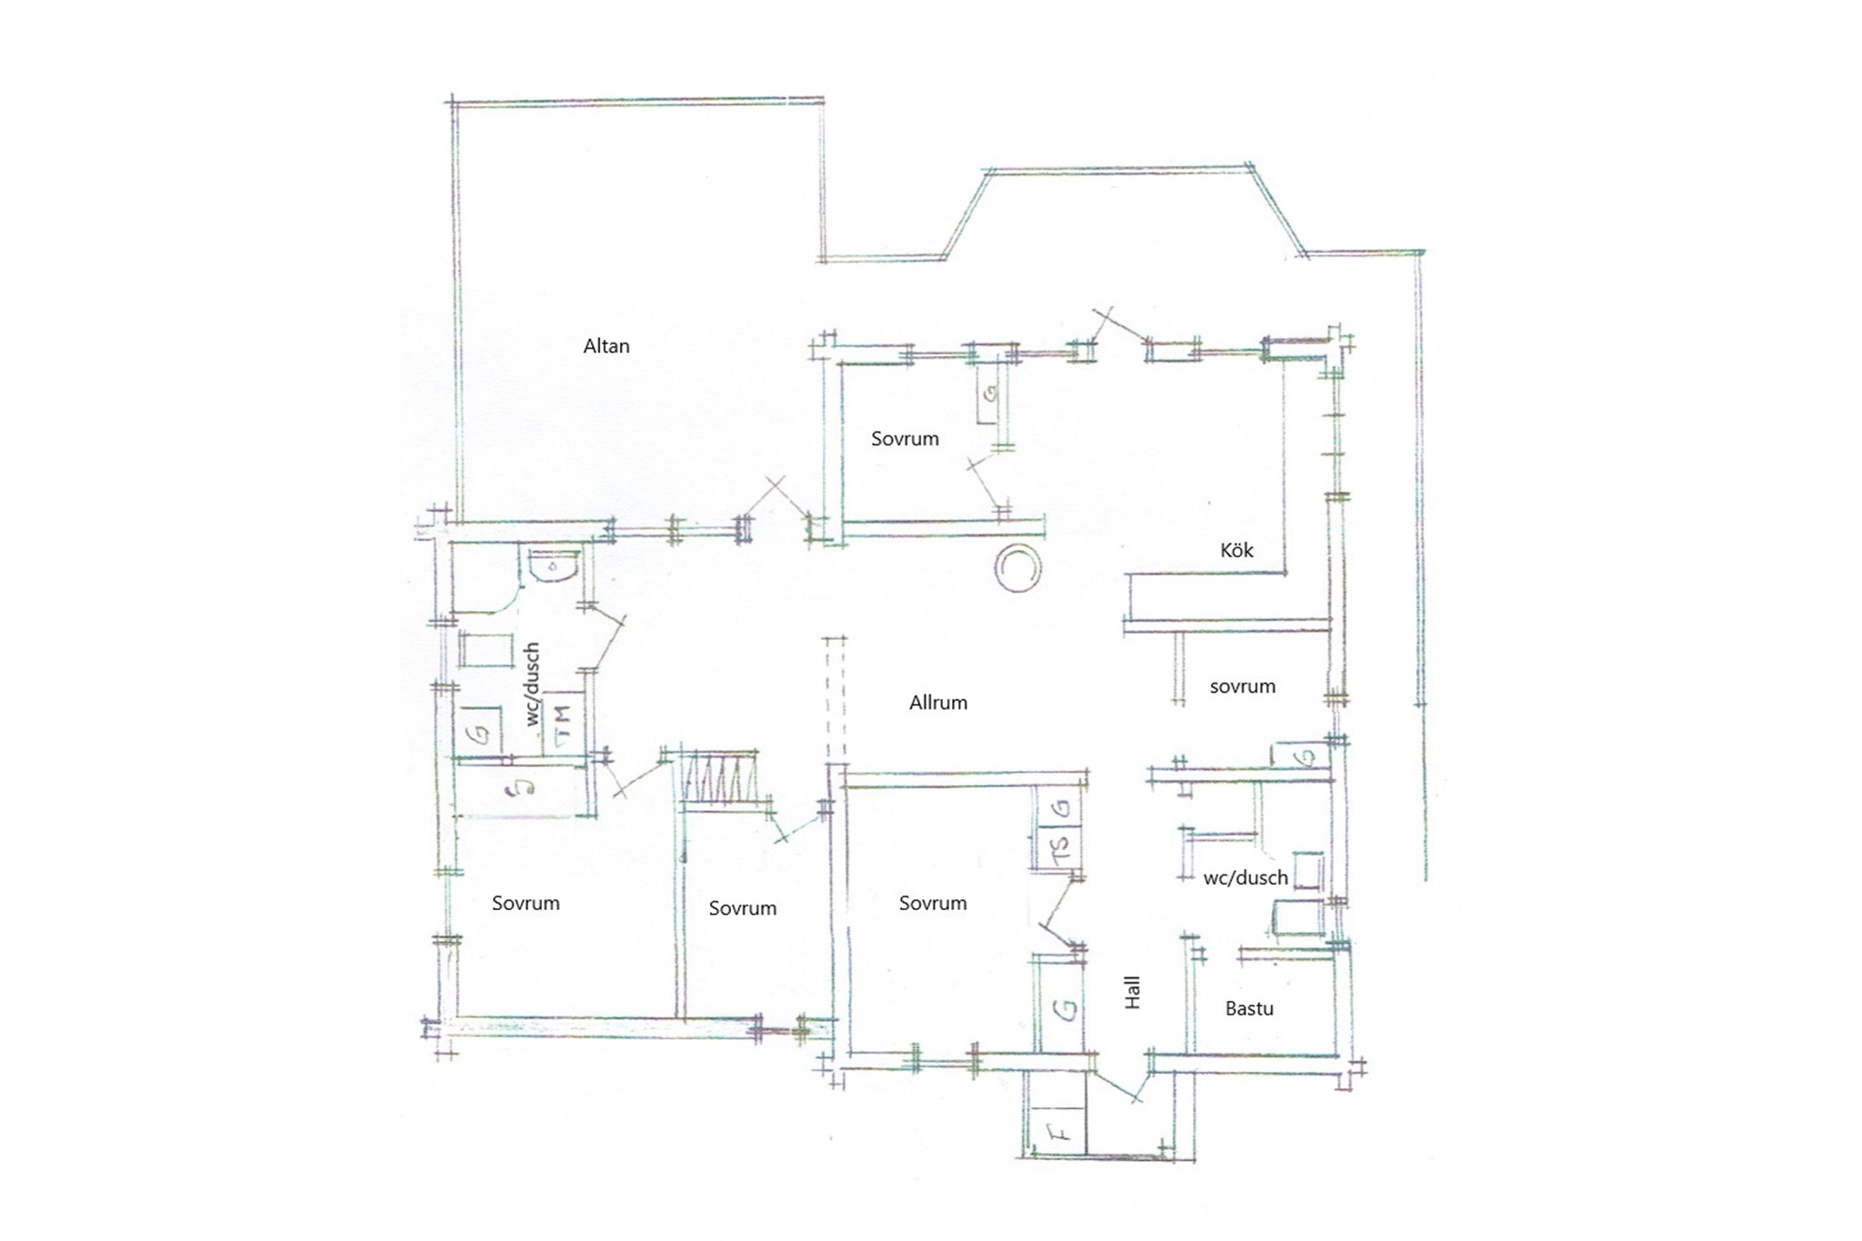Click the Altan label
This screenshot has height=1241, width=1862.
point(606,346)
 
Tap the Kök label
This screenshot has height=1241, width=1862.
point(1236,550)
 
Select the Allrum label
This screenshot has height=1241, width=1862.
point(938,703)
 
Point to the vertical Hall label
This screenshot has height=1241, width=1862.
point(1132,993)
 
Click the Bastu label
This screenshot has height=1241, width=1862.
point(1249,1008)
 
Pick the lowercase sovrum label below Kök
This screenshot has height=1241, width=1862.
point(1242,686)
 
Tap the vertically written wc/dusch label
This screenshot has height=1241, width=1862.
point(533,684)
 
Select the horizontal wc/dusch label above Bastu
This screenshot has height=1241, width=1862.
point(1246,878)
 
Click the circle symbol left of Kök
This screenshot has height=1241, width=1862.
point(1016,569)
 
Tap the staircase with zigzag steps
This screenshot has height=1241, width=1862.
point(719,780)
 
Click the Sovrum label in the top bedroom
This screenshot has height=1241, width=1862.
point(905,439)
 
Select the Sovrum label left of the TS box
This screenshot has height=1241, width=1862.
point(933,903)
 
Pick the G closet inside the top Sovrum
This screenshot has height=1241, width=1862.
point(989,395)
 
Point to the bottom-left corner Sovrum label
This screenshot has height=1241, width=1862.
point(526,903)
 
